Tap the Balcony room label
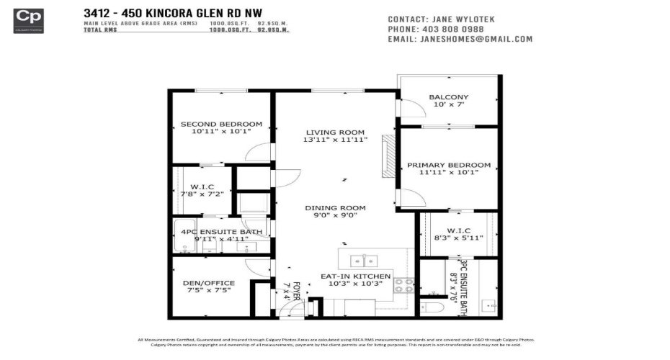448,97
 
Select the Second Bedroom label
221,124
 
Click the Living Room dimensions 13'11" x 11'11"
336,140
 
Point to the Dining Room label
336,207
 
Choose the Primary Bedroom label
448,165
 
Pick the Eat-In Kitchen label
355,276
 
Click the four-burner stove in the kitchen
403,285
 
